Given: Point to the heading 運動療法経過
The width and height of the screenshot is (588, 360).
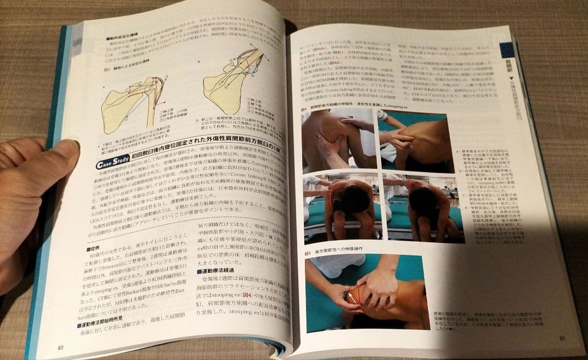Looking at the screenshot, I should coord(218,270).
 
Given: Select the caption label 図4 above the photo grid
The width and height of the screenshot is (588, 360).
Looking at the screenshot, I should coord(307,109).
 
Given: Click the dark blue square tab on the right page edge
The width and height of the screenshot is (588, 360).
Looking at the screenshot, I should coord(507,50).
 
